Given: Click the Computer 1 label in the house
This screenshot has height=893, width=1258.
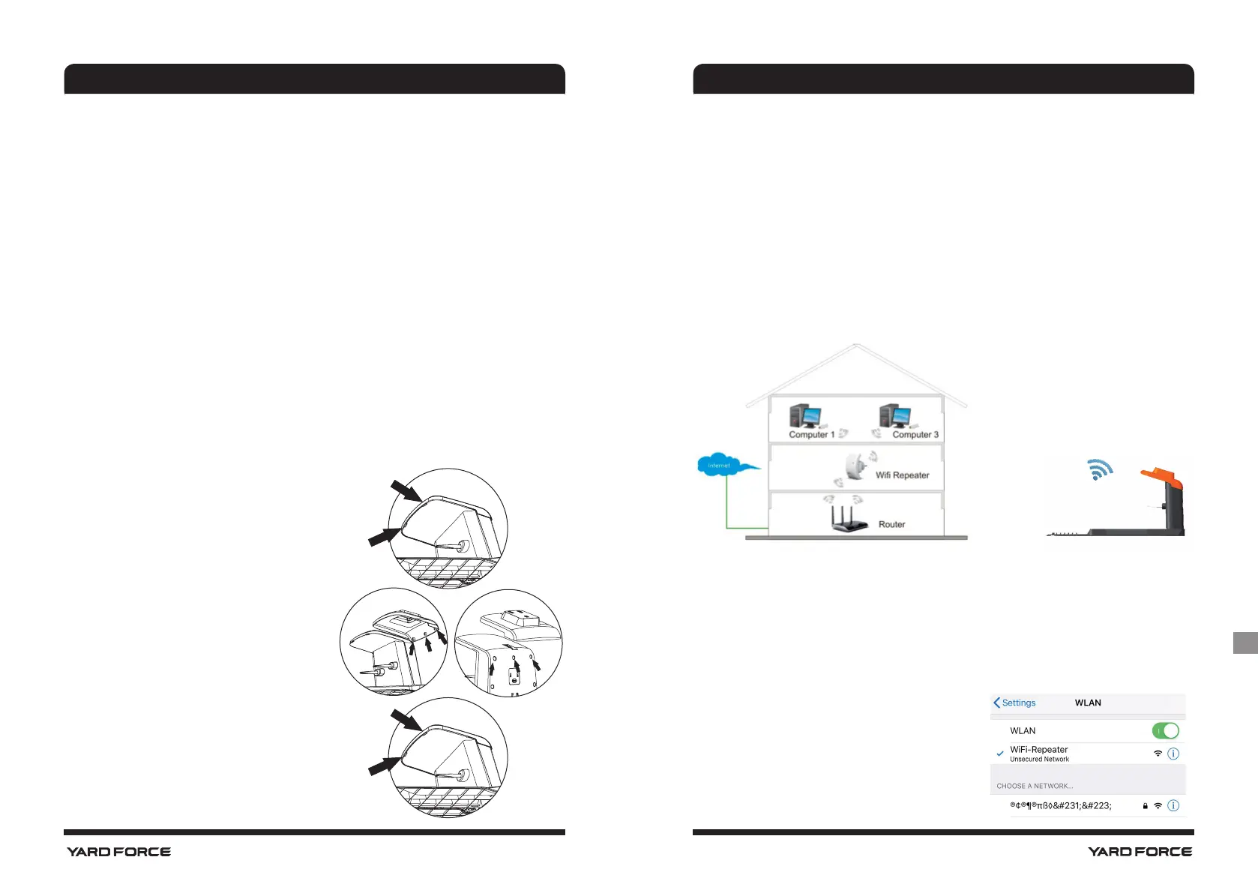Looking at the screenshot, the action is click(x=811, y=435).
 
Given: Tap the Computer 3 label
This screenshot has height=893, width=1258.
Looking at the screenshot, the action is click(x=915, y=435).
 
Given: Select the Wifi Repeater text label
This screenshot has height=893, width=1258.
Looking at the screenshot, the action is click(x=902, y=475).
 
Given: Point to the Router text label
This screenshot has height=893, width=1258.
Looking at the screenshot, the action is click(x=891, y=525).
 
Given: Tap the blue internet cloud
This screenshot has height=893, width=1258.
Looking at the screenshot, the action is click(x=720, y=466).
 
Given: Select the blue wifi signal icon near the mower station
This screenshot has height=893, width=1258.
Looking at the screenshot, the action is click(x=1099, y=469).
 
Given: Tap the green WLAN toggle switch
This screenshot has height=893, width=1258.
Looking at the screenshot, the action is click(x=1165, y=730).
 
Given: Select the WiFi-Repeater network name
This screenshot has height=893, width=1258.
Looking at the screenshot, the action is click(x=1038, y=749).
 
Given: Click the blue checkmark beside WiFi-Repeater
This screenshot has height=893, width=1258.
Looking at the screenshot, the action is click(x=1000, y=754).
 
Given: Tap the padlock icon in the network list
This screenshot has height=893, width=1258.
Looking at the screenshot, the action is click(x=1145, y=806).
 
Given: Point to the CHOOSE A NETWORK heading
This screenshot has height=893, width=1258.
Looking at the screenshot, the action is click(x=1035, y=786).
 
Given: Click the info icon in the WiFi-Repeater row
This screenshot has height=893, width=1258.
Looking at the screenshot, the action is click(x=1173, y=754).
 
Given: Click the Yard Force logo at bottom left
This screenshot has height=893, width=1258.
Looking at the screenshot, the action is click(x=118, y=852).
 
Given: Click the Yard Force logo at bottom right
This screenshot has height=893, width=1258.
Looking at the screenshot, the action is click(x=1140, y=852).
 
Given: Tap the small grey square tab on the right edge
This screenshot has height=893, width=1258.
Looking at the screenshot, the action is click(x=1245, y=643).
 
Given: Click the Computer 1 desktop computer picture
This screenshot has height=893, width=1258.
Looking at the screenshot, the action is click(x=805, y=416).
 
